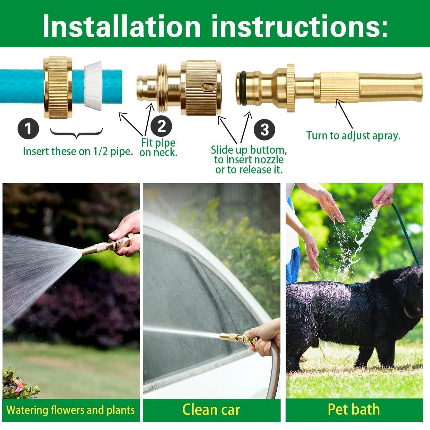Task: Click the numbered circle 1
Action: [x=28, y=128]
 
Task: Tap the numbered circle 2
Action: [x=161, y=126]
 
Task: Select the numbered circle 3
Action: [x=264, y=129]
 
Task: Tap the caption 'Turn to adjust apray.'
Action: [x=353, y=136]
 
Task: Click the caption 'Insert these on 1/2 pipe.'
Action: [x=78, y=151]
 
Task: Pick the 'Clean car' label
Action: [x=211, y=410]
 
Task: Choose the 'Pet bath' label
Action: [x=353, y=409]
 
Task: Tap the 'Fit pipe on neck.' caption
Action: [x=158, y=147]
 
